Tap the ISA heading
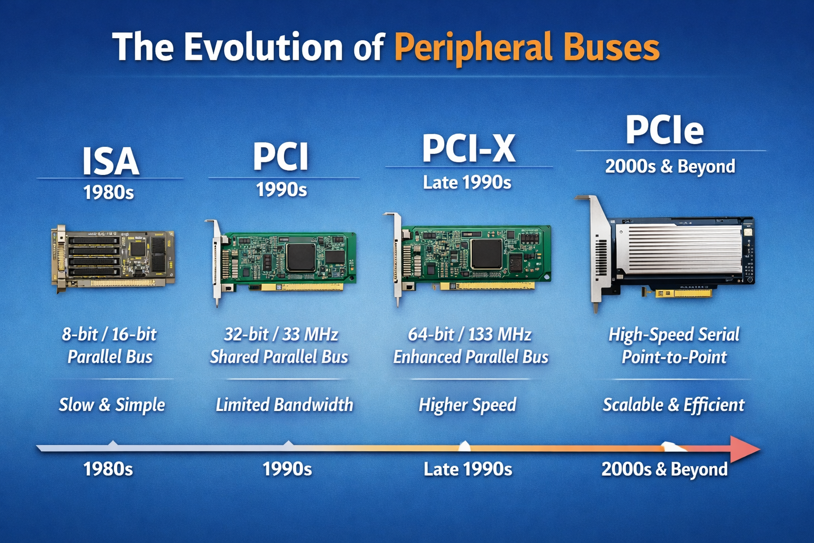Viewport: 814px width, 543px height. tap(110, 161)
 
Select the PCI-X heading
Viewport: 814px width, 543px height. tap(468, 148)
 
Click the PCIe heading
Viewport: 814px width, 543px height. tap(665, 130)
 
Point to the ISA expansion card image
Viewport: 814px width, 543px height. tap(113, 257)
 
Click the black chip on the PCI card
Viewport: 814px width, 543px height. tap(300, 257)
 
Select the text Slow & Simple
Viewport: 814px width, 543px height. tap(112, 405)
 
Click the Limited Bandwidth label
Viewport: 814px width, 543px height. tap(284, 405)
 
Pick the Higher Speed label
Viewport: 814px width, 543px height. tap(467, 405)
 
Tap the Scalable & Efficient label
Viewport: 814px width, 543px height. tap(674, 405)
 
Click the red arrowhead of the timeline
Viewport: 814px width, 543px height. tap(745, 449)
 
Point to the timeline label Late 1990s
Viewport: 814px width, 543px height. tap(467, 469)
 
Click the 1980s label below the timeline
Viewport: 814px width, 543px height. tap(108, 469)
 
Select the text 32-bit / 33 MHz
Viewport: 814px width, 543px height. tap(281, 335)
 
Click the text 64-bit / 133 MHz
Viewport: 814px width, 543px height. tap(470, 335)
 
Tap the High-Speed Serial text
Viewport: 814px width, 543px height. tap(674, 335)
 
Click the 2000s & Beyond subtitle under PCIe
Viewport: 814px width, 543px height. tap(670, 167)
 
